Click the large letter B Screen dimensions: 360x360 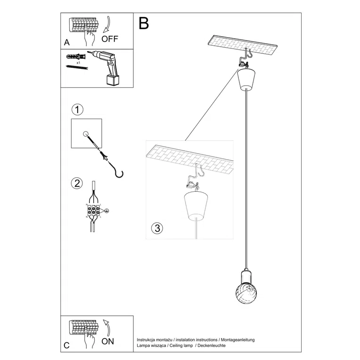coord(144,23)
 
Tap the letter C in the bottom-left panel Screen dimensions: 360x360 coord(66,345)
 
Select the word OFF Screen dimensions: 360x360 coord(110,39)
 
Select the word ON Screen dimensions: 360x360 coord(108,342)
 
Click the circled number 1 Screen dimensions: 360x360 coord(78,110)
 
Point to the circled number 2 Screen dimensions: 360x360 coord(76,183)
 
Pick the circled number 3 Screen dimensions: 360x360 coord(157,229)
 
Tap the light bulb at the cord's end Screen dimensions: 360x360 coord(247,295)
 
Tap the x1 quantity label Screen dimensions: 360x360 coord(78,61)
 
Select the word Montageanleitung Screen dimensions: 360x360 coord(238,339)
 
